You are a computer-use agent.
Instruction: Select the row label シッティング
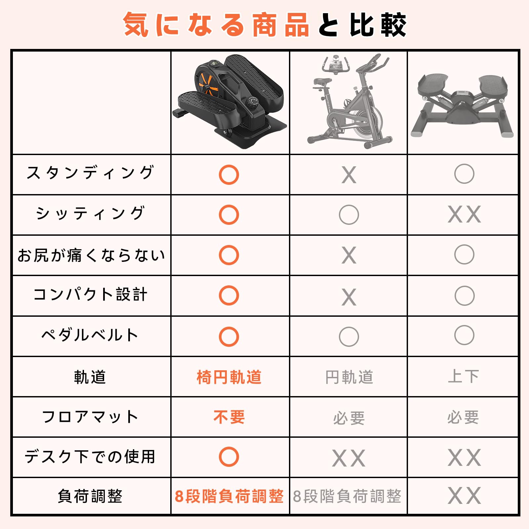pos(90,213)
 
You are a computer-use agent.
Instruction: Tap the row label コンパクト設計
pos(90,294)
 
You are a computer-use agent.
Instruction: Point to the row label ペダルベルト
pos(90,335)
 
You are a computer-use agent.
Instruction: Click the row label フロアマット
pos(90,417)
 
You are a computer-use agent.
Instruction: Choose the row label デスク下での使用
pos(90,457)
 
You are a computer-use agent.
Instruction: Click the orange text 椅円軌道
pos(229,377)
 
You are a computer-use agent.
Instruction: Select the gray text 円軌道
pos(349,377)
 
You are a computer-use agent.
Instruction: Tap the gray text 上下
pos(464,376)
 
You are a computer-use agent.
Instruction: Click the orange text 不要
pos(229,417)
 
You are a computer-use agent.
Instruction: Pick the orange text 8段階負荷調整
pos(229,496)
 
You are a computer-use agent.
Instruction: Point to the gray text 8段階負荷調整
pos(347,496)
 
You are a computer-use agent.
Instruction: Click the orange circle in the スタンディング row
pos(229,175)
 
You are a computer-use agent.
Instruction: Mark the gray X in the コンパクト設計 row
pos(349,297)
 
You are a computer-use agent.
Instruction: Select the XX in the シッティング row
pos(464,215)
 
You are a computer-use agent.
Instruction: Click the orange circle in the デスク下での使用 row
pos(229,457)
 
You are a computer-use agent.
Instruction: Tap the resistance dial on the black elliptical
pos(253,102)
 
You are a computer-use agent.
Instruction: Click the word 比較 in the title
pos(378,25)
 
